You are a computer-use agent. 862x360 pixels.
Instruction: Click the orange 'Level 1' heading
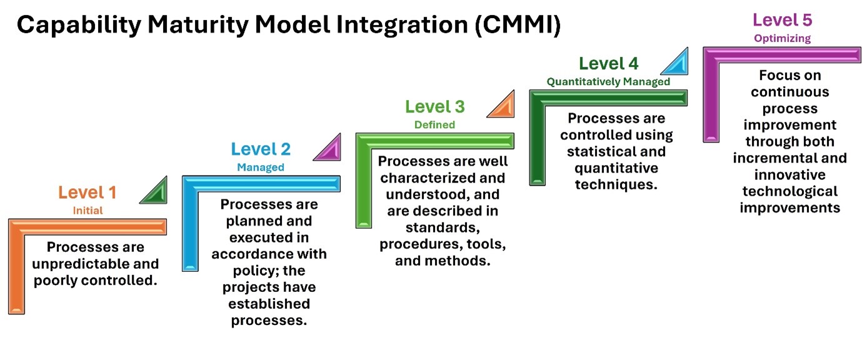click(88, 192)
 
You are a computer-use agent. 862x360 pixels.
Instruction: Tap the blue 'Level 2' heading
click(261, 149)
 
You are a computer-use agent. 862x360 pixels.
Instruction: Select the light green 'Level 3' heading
click(435, 106)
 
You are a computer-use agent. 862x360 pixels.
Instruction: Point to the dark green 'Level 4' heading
click(608, 64)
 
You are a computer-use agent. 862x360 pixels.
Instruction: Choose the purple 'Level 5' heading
click(783, 20)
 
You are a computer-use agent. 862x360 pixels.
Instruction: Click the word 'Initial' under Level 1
click(88, 211)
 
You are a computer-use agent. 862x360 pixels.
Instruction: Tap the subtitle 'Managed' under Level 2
click(261, 167)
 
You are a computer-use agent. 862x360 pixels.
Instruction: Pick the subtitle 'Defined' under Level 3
click(434, 124)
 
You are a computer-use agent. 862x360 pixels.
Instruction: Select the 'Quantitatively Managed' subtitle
click(608, 81)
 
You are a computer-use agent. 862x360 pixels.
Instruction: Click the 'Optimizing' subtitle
click(783, 39)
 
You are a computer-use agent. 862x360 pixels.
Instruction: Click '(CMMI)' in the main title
click(518, 25)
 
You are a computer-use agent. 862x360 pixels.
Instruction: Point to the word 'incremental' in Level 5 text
click(764, 158)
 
